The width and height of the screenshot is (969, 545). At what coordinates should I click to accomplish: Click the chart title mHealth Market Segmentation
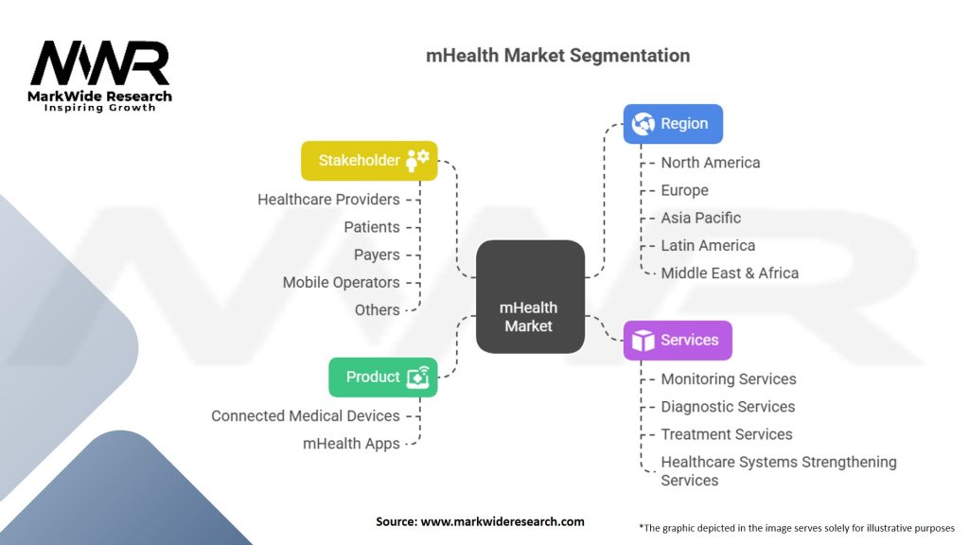(557, 55)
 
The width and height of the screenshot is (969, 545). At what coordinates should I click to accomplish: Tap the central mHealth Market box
(530, 297)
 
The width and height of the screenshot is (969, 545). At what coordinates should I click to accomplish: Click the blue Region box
(673, 124)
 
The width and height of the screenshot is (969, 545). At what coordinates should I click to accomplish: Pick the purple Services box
(678, 341)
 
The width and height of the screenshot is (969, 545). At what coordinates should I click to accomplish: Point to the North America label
(710, 163)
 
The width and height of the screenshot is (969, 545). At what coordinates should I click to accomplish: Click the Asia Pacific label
(700, 218)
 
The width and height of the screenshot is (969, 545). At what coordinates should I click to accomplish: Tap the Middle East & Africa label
(730, 273)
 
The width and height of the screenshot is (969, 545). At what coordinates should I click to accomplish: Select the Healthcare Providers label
(328, 200)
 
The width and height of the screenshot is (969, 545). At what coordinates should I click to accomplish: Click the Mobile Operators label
(341, 283)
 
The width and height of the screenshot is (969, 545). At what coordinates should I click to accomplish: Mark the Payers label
(377, 255)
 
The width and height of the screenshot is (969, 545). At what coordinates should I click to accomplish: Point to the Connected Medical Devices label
(305, 416)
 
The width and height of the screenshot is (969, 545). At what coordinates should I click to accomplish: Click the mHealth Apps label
(351, 444)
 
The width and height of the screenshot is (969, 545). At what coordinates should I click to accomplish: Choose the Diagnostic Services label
(728, 407)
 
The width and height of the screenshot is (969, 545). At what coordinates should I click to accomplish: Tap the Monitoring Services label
(729, 379)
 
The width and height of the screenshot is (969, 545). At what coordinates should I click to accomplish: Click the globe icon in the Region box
(643, 124)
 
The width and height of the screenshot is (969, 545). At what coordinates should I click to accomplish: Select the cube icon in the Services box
(643, 341)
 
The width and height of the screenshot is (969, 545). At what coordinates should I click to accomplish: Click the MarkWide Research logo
(99, 76)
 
